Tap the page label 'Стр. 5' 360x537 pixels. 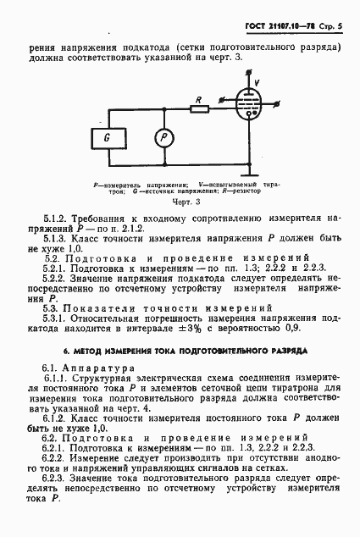333,14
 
